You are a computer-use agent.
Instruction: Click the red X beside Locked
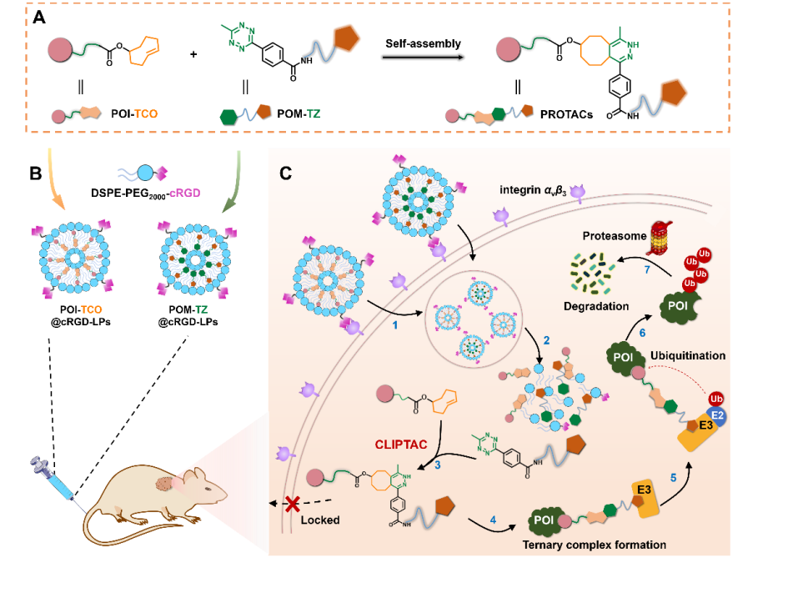[293, 503]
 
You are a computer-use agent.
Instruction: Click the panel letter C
[285, 173]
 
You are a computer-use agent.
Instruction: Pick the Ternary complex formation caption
[594, 545]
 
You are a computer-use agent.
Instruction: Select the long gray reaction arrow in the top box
[423, 57]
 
